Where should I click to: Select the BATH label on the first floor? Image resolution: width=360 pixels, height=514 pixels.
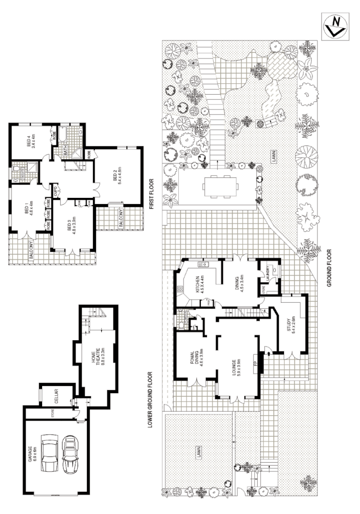(66, 150)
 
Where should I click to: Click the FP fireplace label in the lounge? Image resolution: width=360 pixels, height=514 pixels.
(255, 363)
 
